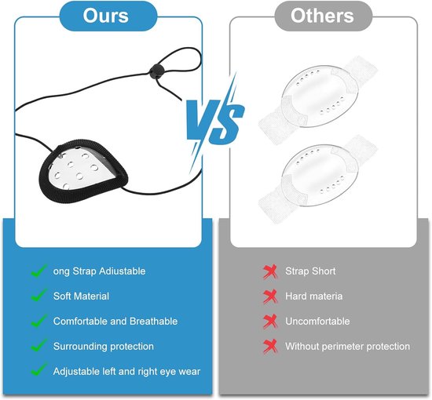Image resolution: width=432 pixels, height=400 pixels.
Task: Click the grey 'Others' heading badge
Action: [323, 16]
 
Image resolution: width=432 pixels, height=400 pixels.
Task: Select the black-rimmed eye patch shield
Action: [83, 171]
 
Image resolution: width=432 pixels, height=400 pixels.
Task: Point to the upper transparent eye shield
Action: [318, 94]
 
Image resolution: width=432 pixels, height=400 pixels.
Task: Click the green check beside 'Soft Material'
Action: [38, 295]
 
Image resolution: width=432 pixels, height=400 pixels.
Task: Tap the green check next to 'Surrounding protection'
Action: [38, 345]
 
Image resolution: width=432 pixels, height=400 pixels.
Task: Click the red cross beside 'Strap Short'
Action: [270, 272]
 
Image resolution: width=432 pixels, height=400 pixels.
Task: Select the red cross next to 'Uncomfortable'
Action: [270, 322]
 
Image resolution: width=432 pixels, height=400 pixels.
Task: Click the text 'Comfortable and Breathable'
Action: [115, 322]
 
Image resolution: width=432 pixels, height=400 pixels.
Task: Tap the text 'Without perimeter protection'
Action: [347, 347]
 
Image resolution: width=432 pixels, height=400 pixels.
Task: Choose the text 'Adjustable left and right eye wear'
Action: [126, 372]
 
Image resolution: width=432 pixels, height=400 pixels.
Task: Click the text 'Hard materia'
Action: [314, 296]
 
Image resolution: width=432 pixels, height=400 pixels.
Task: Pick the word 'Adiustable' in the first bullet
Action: [122, 271]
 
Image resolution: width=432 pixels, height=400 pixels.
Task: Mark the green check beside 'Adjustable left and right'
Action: [38, 369]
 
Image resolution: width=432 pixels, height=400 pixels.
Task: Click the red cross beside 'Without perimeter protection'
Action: [270, 347]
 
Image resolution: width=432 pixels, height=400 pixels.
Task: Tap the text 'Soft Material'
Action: [81, 296]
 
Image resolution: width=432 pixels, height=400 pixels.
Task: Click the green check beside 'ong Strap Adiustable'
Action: [38, 270]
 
